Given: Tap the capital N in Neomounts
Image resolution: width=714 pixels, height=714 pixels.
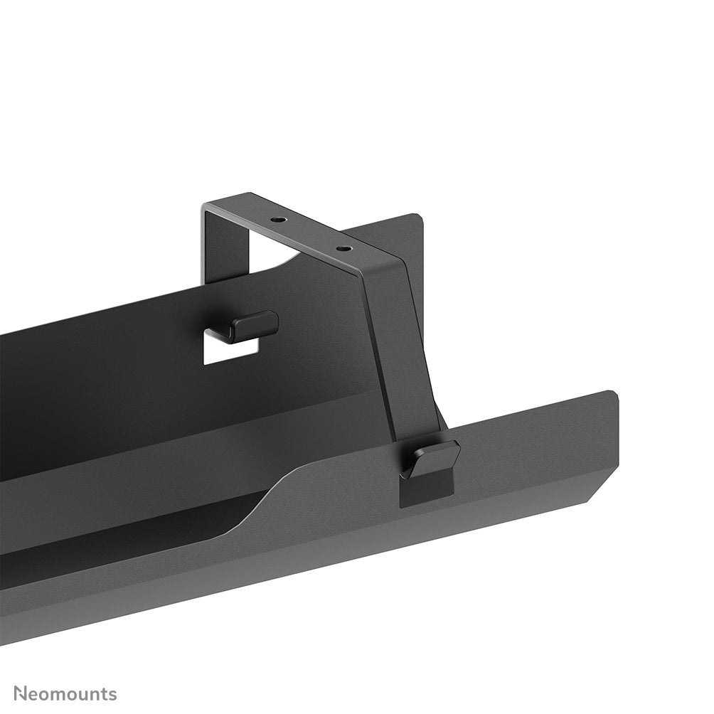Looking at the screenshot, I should pyautogui.click(x=21, y=693).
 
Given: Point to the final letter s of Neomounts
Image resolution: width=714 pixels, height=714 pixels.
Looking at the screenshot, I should pyautogui.click(x=112, y=694).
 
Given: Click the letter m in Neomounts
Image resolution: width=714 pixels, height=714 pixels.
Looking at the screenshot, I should pyautogui.click(x=63, y=694).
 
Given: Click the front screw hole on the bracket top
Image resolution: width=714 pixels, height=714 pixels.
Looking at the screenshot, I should pyautogui.click(x=343, y=249).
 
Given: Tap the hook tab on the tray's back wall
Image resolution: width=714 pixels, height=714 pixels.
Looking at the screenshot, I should pyautogui.click(x=245, y=326).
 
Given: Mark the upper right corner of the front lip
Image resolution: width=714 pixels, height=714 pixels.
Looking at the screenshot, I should pyautogui.click(x=612, y=395).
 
